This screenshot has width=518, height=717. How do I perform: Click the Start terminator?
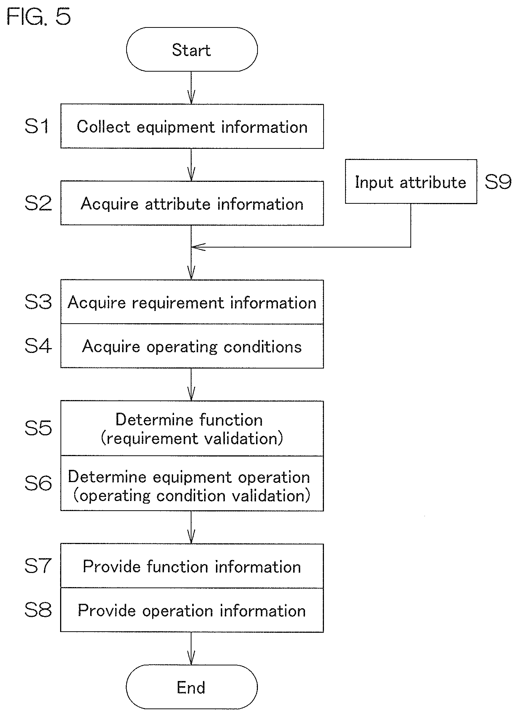[192, 49]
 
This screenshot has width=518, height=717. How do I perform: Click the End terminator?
[191, 687]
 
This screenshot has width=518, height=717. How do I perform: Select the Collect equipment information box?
[192, 126]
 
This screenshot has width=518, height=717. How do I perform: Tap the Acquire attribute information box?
[192, 203]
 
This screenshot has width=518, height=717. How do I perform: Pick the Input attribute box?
[411, 181]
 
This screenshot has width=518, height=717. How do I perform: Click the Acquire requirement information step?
[192, 302]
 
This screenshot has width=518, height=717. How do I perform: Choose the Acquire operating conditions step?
[192, 346]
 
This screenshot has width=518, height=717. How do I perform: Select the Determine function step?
[192, 428]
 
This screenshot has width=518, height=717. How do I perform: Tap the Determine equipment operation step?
[192, 483]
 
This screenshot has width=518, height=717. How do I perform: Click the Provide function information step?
[192, 566]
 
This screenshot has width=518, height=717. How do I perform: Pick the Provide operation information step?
[192, 610]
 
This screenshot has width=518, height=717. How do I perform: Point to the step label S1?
[37, 126]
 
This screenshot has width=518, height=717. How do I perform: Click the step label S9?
[498, 182]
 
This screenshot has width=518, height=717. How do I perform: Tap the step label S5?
[38, 428]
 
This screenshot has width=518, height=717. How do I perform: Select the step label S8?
[38, 610]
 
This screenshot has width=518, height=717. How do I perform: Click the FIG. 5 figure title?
[39, 17]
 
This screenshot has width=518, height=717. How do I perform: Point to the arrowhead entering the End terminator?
[191, 659]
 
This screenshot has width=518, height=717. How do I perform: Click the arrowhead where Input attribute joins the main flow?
[198, 247]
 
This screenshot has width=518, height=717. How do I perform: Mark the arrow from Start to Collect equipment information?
[191, 88]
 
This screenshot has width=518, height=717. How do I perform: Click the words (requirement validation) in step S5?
[192, 439]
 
